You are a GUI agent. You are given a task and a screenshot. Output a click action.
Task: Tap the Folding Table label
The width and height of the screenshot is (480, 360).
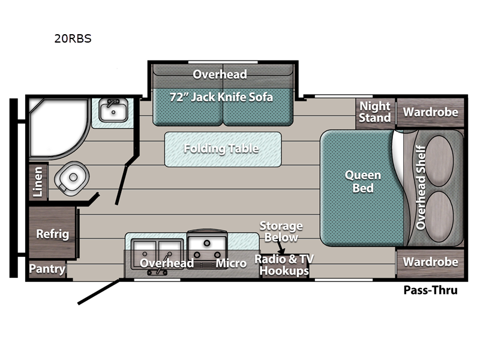tap(221, 148)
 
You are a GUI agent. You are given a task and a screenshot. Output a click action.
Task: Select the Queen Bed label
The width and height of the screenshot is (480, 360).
tap(362, 181)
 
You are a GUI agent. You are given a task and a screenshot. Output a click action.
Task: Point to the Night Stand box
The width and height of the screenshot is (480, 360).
tap(375, 112)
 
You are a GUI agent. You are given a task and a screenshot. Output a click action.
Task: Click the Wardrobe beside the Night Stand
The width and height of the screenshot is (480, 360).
tap(430, 112)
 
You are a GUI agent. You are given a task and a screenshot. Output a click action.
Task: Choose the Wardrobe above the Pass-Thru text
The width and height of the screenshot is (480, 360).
tap(430, 262)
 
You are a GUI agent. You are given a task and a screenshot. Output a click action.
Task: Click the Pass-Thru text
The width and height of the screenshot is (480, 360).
tap(430, 290)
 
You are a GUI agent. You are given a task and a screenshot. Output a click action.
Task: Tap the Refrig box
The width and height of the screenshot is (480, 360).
tap(52, 234)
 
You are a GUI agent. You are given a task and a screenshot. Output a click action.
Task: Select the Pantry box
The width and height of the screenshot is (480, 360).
tap(47, 269)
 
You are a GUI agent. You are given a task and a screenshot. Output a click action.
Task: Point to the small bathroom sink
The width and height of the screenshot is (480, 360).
tap(112, 110)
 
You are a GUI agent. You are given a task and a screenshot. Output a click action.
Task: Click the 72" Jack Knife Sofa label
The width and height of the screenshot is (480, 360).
tap(221, 97)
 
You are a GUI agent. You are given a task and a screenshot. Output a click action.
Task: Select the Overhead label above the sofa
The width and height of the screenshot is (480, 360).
tap(220, 74)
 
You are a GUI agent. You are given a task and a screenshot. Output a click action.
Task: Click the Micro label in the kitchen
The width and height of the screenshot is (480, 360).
tap(232, 263)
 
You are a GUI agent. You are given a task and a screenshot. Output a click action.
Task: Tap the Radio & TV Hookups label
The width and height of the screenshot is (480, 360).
tap(284, 265)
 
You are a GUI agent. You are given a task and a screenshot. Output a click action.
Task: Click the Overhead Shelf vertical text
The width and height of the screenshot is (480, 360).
tap(421, 187)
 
